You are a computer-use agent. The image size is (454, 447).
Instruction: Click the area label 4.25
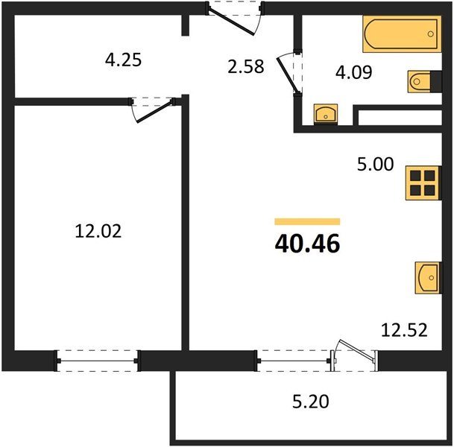point(123,60)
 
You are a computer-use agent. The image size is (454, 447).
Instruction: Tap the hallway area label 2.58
point(246,66)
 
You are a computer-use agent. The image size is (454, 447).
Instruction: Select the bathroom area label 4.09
point(354,72)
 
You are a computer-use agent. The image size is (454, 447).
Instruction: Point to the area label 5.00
point(375,164)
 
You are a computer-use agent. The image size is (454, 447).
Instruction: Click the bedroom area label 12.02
point(98,232)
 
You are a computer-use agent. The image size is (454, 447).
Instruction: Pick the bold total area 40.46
point(307,244)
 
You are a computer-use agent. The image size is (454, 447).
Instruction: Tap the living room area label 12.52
point(404,330)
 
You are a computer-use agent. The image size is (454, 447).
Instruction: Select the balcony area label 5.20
point(311,402)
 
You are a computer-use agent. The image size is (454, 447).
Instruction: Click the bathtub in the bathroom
point(402,34)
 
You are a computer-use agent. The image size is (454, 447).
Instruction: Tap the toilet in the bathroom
point(424,82)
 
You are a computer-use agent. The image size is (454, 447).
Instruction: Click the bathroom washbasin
point(326,114)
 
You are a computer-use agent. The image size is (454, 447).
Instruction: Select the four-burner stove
point(423,183)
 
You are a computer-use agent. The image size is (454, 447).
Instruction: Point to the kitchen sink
point(429,278)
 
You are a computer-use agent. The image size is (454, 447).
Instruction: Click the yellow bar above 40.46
point(307,221)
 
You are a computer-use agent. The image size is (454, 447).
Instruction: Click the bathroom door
point(287,74)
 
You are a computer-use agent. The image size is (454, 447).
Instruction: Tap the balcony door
point(354,355)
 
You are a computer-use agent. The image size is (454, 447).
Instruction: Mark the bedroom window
point(97,361)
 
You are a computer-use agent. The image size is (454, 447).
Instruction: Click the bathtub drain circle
point(431,34)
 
